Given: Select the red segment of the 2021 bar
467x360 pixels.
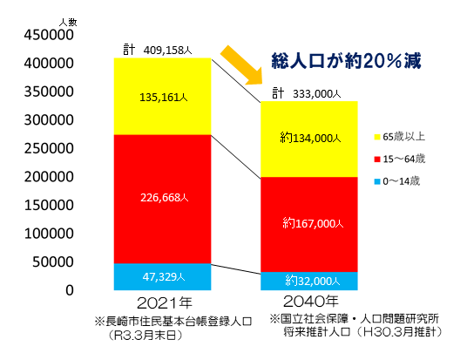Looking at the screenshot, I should point(162,199).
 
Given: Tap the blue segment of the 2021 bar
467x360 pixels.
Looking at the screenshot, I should point(162,276).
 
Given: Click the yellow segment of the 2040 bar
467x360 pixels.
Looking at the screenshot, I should point(311,138).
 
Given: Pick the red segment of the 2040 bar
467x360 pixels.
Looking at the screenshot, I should point(311,224).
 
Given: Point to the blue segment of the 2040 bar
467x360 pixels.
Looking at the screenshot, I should point(311,281).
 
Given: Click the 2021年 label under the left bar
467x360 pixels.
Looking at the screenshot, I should point(162,303).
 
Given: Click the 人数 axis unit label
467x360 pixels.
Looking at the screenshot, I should point(67,20).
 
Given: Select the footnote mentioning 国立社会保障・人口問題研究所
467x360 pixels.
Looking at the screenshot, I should point(357,325).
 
